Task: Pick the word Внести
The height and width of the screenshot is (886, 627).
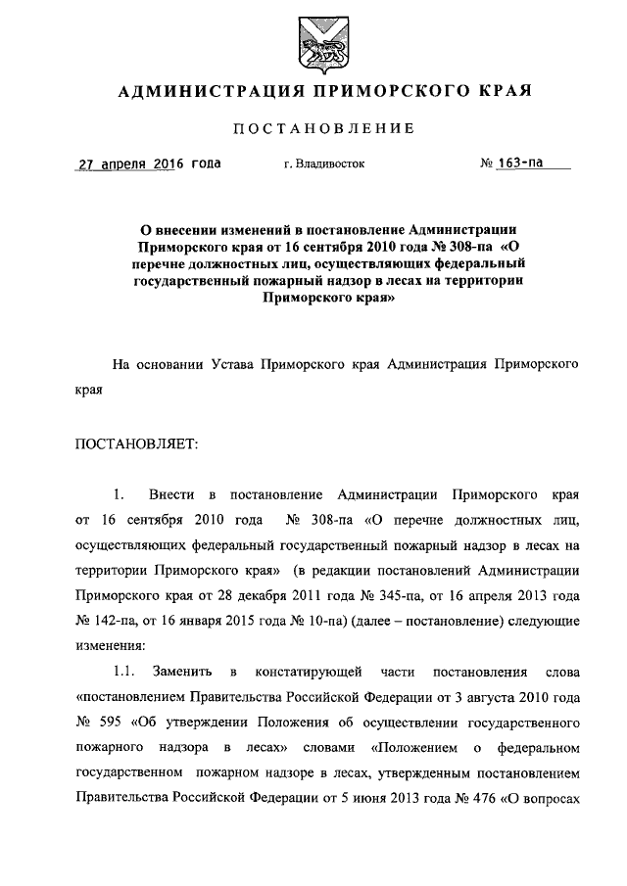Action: [x=172, y=491]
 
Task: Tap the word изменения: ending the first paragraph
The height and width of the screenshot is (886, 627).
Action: [x=110, y=646]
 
